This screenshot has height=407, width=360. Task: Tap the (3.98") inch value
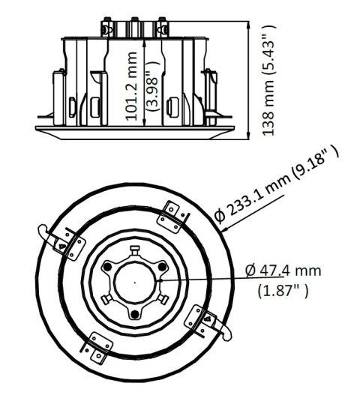151,84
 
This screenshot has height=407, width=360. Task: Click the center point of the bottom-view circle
133,283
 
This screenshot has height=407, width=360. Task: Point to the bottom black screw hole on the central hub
133,313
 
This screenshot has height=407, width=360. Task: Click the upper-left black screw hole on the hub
107,267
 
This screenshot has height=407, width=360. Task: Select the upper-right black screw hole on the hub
159,267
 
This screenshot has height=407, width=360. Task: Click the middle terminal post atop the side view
135,26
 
